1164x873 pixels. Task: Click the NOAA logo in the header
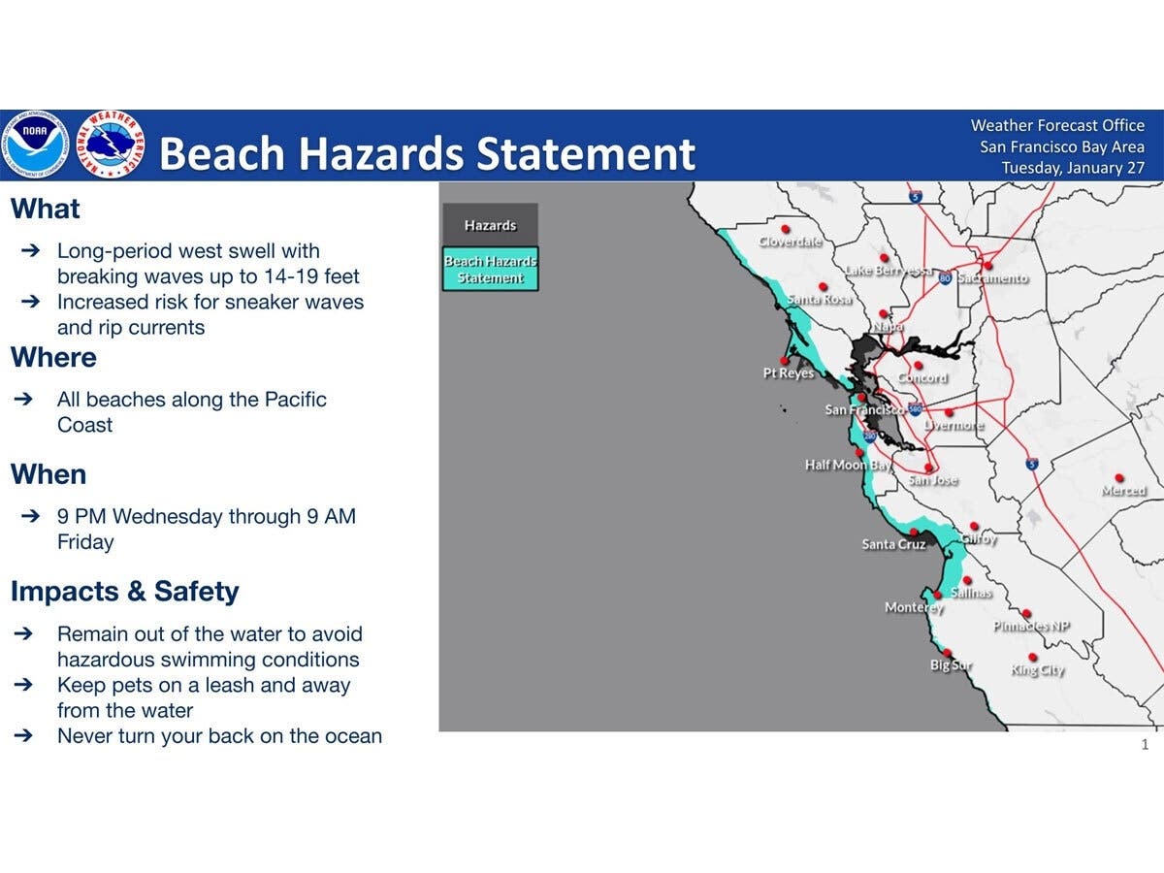(x=35, y=145)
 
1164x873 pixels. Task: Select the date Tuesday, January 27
(x=1072, y=168)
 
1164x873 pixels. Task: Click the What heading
(x=46, y=210)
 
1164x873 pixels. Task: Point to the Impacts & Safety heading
(x=124, y=592)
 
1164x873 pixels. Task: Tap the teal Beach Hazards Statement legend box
(x=490, y=270)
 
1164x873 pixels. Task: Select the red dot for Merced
(x=1119, y=478)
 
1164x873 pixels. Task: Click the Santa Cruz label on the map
(x=893, y=545)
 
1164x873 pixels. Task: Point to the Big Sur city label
(x=951, y=666)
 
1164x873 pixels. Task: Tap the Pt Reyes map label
(x=788, y=373)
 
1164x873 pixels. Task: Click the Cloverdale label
(x=791, y=242)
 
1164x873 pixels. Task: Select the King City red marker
(x=1032, y=657)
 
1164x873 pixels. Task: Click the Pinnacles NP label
(x=1031, y=627)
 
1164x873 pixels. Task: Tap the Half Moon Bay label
(x=847, y=466)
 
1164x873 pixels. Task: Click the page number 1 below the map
(x=1145, y=745)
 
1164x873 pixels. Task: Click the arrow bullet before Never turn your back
(x=30, y=736)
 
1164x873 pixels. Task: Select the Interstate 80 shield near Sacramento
(x=945, y=278)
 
